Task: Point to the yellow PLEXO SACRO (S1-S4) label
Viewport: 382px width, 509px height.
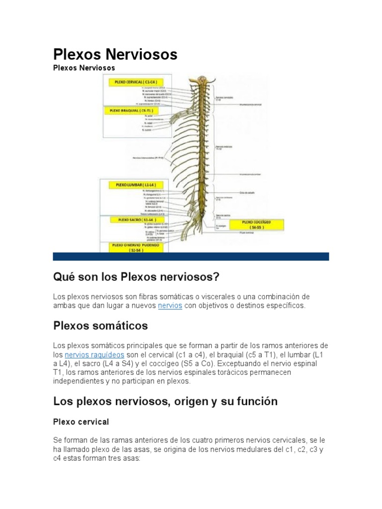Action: (x=131, y=219)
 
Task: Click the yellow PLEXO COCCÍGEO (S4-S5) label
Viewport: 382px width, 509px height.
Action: (x=257, y=224)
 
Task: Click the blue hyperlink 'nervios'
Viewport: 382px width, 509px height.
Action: (x=170, y=306)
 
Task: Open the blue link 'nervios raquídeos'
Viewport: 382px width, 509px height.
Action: (x=95, y=355)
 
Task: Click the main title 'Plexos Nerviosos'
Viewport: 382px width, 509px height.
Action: (x=115, y=55)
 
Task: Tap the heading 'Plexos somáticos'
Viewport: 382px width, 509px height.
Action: (x=100, y=326)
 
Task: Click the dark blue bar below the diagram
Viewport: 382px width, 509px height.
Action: (x=191, y=256)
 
